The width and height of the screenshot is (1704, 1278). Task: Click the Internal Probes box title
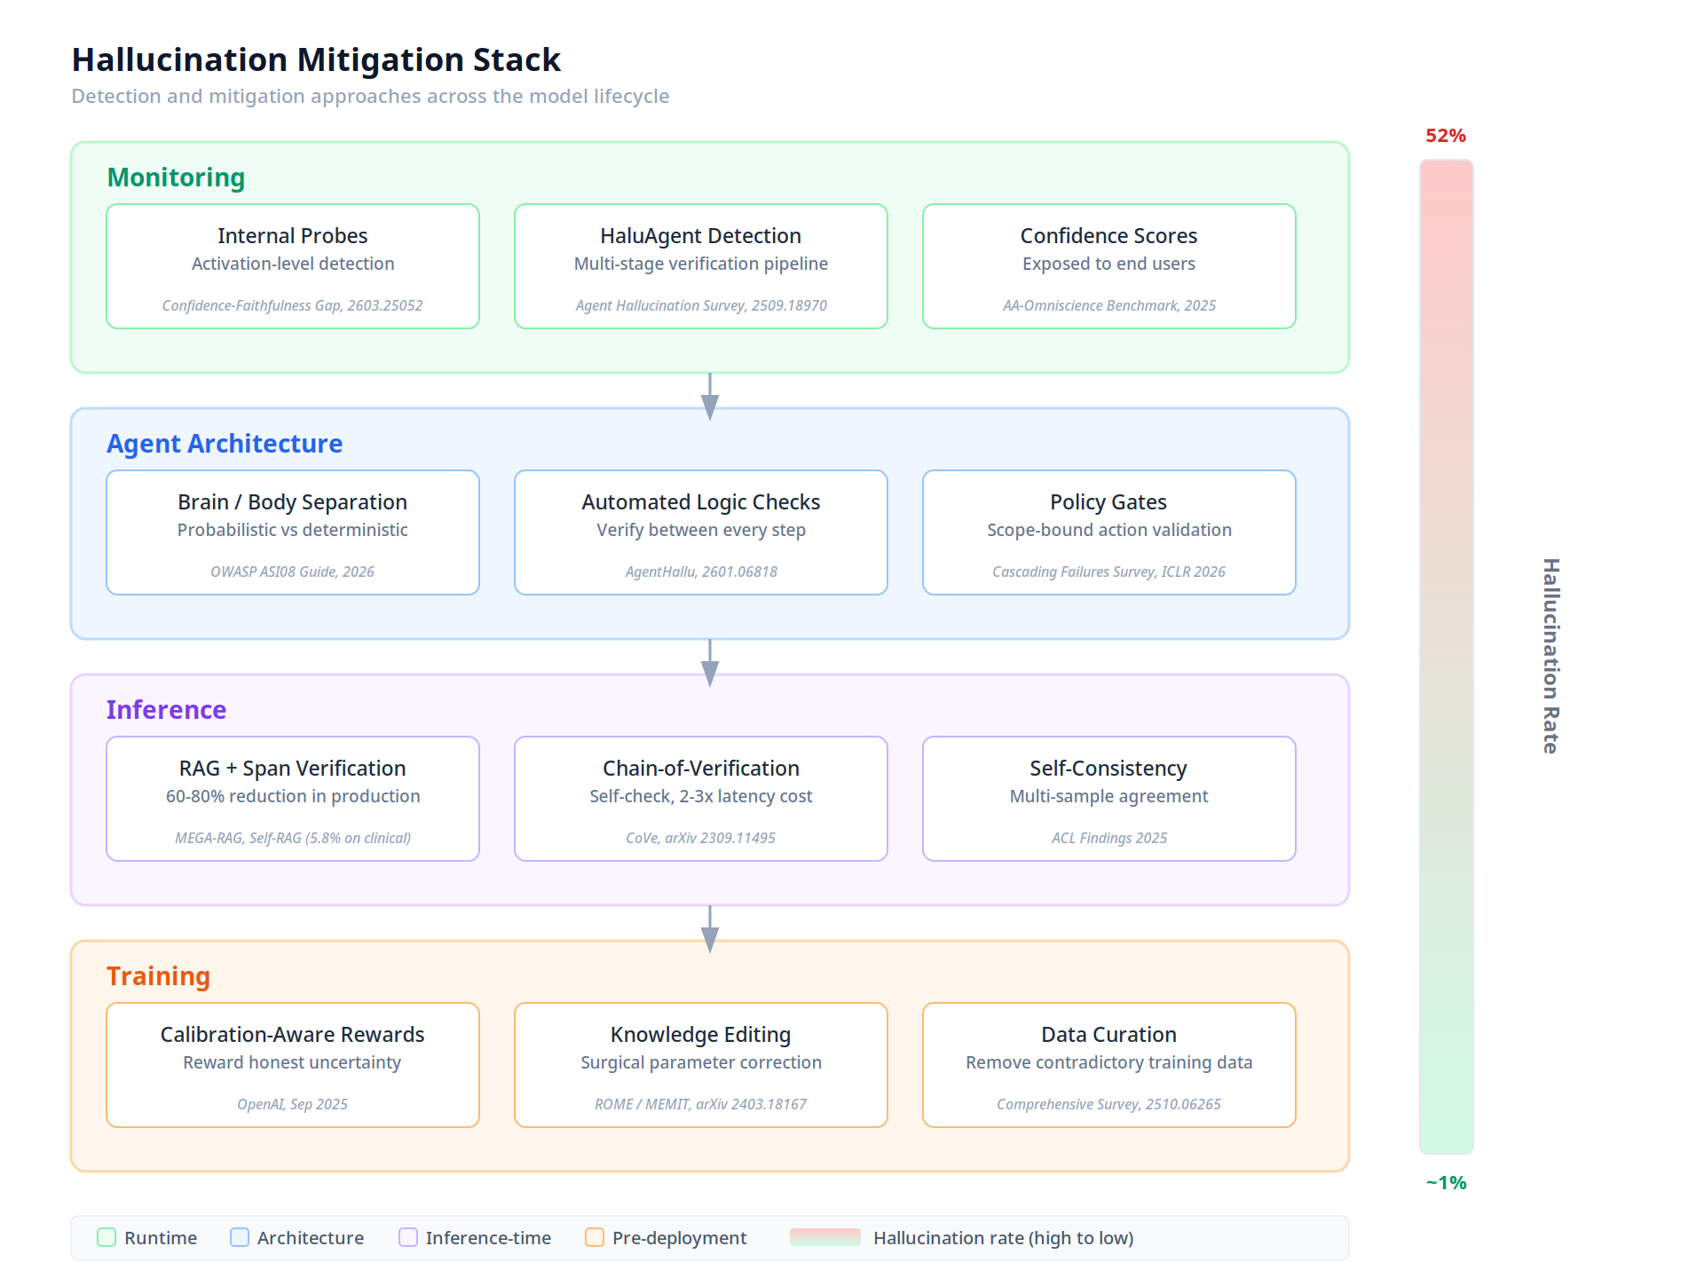tap(292, 236)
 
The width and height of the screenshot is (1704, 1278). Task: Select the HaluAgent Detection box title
tap(700, 236)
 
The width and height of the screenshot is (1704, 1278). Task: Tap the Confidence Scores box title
tap(1108, 236)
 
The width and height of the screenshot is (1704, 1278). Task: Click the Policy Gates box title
tap(1108, 502)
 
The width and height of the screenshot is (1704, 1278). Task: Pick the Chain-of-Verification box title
tap(700, 769)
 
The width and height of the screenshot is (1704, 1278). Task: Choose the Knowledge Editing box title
tap(700, 1035)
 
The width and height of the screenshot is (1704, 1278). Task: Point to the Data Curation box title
tap(1108, 1035)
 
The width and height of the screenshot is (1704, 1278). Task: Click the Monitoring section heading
tap(176, 177)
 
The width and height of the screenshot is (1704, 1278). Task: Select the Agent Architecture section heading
tap(225, 444)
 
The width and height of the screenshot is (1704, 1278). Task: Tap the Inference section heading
tap(166, 710)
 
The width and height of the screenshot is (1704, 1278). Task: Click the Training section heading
tap(158, 976)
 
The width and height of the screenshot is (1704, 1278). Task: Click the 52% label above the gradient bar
tap(1446, 136)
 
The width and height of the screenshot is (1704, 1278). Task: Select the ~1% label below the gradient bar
tap(1446, 1183)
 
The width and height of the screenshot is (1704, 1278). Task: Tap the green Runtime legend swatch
tap(106, 1237)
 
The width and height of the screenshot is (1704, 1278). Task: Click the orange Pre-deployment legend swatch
tap(595, 1237)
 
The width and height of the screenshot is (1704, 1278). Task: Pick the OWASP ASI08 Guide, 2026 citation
tap(292, 572)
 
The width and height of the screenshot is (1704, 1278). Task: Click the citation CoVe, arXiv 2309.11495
tap(700, 838)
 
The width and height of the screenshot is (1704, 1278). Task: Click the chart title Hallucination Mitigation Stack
tap(316, 59)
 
